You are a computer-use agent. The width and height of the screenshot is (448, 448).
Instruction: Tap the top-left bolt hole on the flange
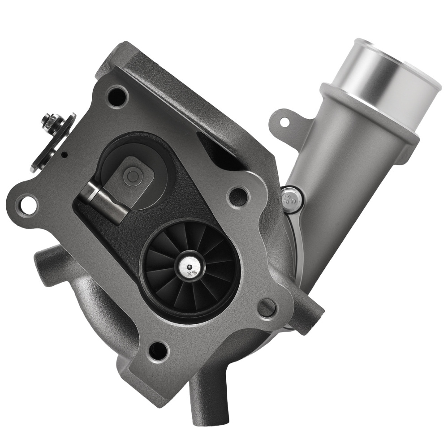click(117, 96)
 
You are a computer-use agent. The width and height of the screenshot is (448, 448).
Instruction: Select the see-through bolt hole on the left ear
click(28, 205)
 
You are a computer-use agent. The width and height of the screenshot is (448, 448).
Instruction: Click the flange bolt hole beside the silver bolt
click(237, 196)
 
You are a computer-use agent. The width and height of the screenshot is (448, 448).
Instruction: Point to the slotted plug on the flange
click(267, 308)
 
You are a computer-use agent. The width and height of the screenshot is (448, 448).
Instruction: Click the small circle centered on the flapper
click(132, 177)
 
